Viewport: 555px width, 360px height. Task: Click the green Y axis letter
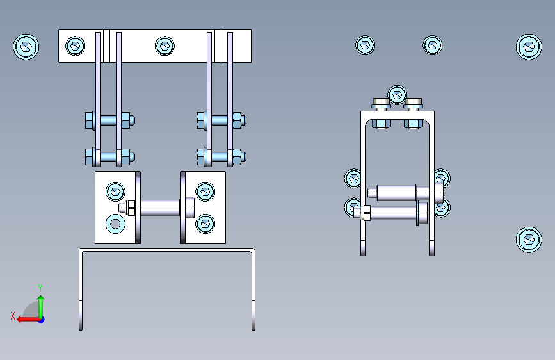[x=40, y=288]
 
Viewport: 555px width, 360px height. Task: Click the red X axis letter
[x=13, y=316]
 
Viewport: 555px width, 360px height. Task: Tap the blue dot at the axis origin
[x=42, y=320]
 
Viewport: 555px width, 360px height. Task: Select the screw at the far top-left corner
[x=26, y=47]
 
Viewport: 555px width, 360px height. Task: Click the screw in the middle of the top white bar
[x=165, y=45]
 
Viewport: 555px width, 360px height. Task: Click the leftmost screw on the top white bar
[x=76, y=45]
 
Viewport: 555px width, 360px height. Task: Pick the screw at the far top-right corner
[x=529, y=47]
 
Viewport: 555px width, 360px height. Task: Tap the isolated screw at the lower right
[x=529, y=240]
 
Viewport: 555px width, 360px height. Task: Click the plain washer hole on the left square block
[x=115, y=224]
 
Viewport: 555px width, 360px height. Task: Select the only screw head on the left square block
[x=115, y=192]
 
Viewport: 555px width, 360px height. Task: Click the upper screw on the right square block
[x=205, y=192]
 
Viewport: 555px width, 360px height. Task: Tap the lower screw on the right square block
[x=205, y=224]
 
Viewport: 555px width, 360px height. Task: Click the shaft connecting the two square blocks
[x=160, y=208]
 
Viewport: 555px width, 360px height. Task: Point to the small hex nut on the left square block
[x=131, y=208]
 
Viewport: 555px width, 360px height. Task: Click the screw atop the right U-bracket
[x=397, y=95]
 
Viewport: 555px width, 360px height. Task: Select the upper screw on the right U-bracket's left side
[x=353, y=178]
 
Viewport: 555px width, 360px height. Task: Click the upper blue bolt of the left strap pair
[x=110, y=120]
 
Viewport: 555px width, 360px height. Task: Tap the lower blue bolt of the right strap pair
[x=221, y=156]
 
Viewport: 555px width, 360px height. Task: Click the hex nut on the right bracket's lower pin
[x=367, y=213]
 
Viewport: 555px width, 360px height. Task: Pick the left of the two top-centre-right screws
[x=365, y=45]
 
